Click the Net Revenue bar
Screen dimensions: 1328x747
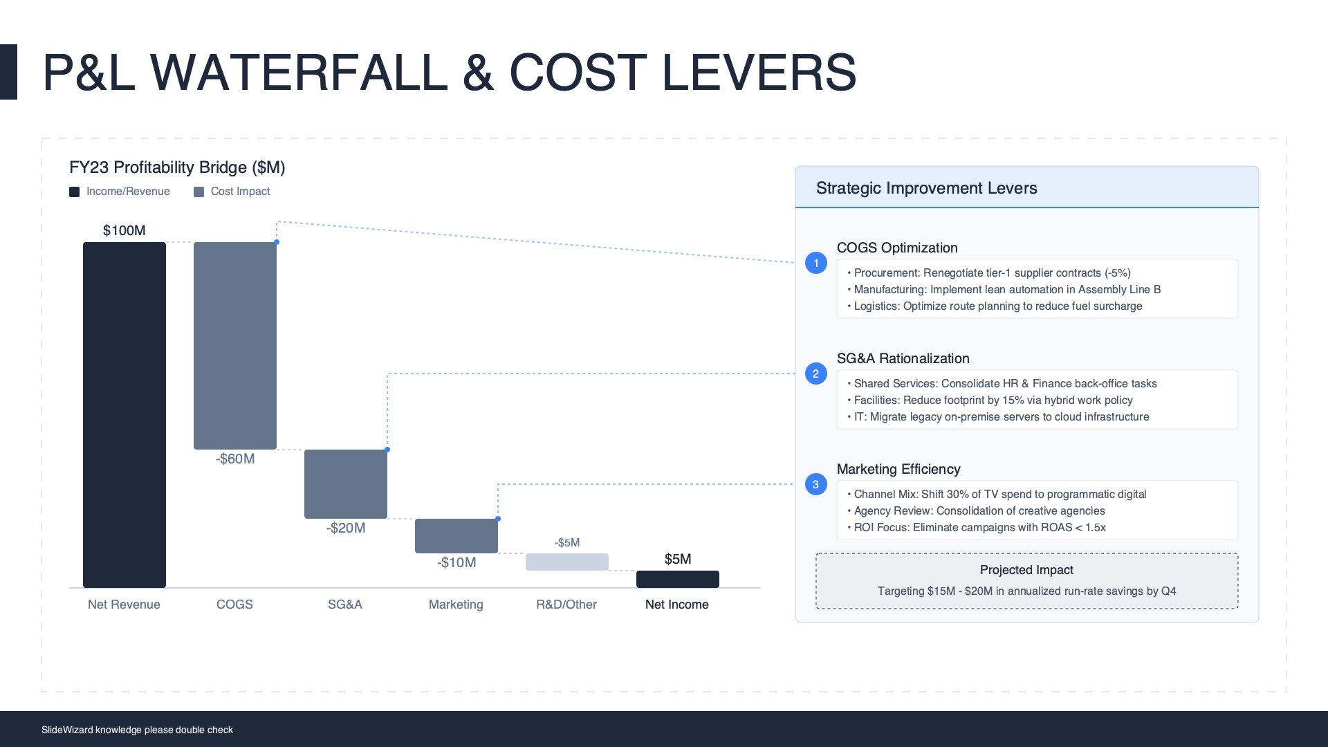point(124,415)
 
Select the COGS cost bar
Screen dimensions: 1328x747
point(235,346)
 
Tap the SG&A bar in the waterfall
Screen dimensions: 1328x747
point(346,484)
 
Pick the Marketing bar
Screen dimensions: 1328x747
point(456,536)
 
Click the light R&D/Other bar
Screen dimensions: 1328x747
point(567,562)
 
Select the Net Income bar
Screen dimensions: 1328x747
point(678,579)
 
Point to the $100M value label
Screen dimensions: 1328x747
point(124,230)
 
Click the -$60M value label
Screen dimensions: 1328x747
point(235,459)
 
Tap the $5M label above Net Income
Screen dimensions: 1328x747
point(678,559)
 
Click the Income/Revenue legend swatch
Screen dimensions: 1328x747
point(74,192)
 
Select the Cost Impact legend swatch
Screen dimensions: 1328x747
point(199,192)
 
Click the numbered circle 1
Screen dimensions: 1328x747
point(816,263)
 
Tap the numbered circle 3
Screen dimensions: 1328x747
point(816,484)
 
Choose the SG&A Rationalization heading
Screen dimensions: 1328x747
point(903,358)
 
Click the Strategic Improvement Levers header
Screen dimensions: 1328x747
point(927,188)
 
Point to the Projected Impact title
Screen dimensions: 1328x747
point(1026,570)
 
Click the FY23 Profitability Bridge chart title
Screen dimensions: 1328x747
point(177,167)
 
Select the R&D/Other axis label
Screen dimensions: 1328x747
point(566,605)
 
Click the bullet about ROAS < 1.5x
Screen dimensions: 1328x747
point(977,527)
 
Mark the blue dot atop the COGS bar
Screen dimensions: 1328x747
point(277,242)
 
